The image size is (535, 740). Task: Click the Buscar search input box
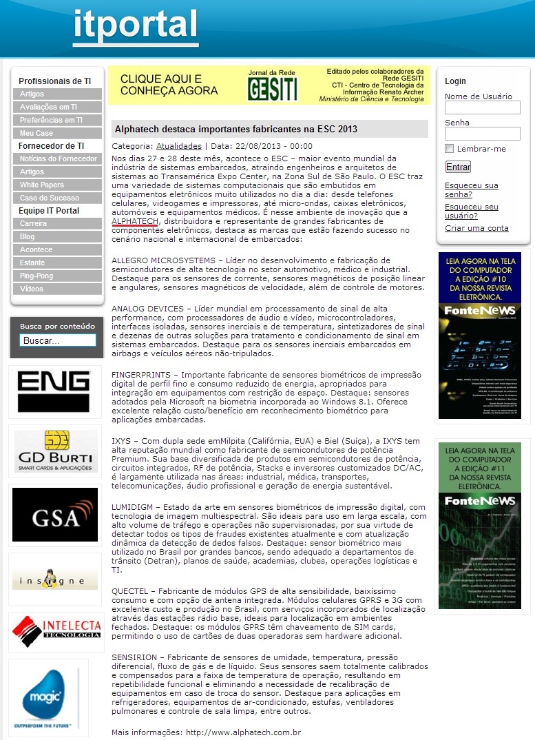tap(58, 340)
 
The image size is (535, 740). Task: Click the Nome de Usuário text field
tap(482, 107)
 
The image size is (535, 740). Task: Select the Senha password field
tap(482, 134)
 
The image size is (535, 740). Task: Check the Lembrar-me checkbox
tap(450, 149)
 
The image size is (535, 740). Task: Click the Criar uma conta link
tap(476, 228)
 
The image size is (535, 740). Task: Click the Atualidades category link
tap(179, 146)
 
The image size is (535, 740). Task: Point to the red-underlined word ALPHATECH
tap(135, 220)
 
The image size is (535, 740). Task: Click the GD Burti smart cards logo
tap(56, 451)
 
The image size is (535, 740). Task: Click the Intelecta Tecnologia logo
tap(56, 632)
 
